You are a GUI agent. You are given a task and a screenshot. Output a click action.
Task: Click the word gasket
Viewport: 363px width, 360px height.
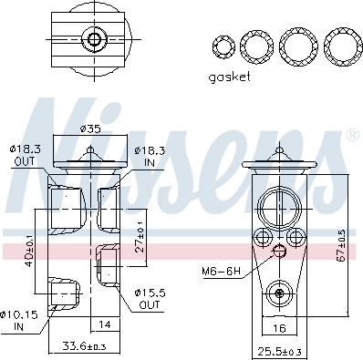tap(229, 77)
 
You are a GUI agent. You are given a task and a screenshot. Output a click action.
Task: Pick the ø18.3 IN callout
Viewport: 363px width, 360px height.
tap(149, 154)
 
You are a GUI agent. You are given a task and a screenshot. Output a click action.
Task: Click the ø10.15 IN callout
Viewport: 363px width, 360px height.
tap(20, 321)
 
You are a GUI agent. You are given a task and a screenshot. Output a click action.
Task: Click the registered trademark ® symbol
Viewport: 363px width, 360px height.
tap(352, 136)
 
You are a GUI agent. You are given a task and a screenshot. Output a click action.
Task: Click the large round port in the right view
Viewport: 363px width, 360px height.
tap(279, 205)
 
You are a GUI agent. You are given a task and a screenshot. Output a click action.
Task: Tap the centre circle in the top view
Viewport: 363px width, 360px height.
tap(93, 40)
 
